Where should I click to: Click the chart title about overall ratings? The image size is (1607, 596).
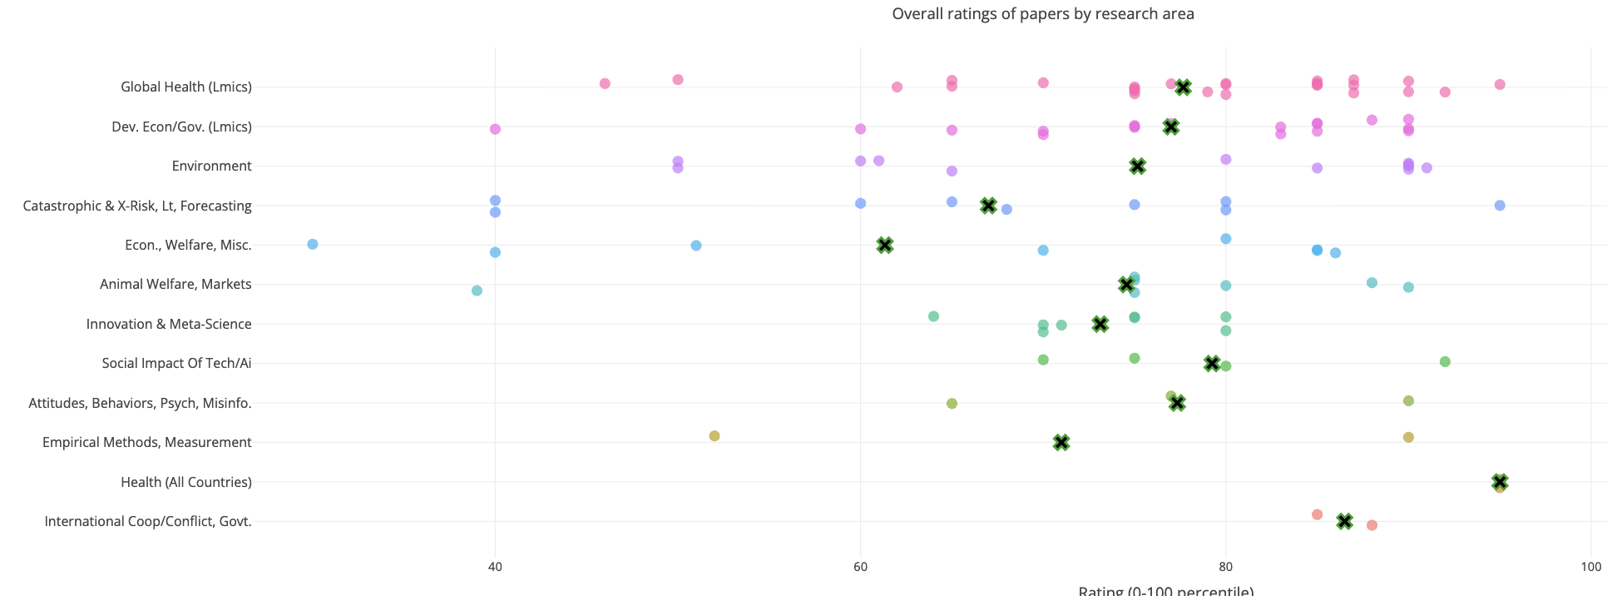tap(1042, 14)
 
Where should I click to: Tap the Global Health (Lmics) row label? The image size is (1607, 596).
tap(185, 87)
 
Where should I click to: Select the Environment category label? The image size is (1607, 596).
tap(211, 166)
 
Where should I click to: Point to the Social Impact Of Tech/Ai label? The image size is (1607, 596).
tap(176, 363)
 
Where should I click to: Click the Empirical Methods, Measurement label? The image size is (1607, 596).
tap(146, 442)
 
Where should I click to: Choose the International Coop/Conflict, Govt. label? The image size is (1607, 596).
tap(147, 521)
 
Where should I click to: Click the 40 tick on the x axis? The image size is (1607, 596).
tap(495, 567)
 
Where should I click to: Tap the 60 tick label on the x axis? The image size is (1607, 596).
tap(860, 567)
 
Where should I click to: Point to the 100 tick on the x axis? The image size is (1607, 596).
tap(1590, 567)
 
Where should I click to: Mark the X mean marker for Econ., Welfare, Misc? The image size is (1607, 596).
tap(885, 245)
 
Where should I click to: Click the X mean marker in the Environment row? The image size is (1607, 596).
tap(1138, 166)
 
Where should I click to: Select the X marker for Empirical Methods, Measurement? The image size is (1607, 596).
tap(1061, 443)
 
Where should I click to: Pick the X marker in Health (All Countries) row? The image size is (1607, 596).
tap(1500, 482)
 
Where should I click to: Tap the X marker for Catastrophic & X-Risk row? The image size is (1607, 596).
tap(988, 206)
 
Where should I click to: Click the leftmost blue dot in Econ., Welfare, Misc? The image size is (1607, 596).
tap(313, 244)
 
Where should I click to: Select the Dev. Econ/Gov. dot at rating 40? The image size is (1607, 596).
tap(495, 129)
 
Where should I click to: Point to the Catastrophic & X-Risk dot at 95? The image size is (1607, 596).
tap(1500, 206)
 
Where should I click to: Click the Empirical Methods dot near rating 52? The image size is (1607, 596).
tap(714, 436)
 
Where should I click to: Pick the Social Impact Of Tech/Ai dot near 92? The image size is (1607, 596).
tap(1445, 362)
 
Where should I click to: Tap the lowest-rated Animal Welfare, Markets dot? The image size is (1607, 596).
tap(477, 291)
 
